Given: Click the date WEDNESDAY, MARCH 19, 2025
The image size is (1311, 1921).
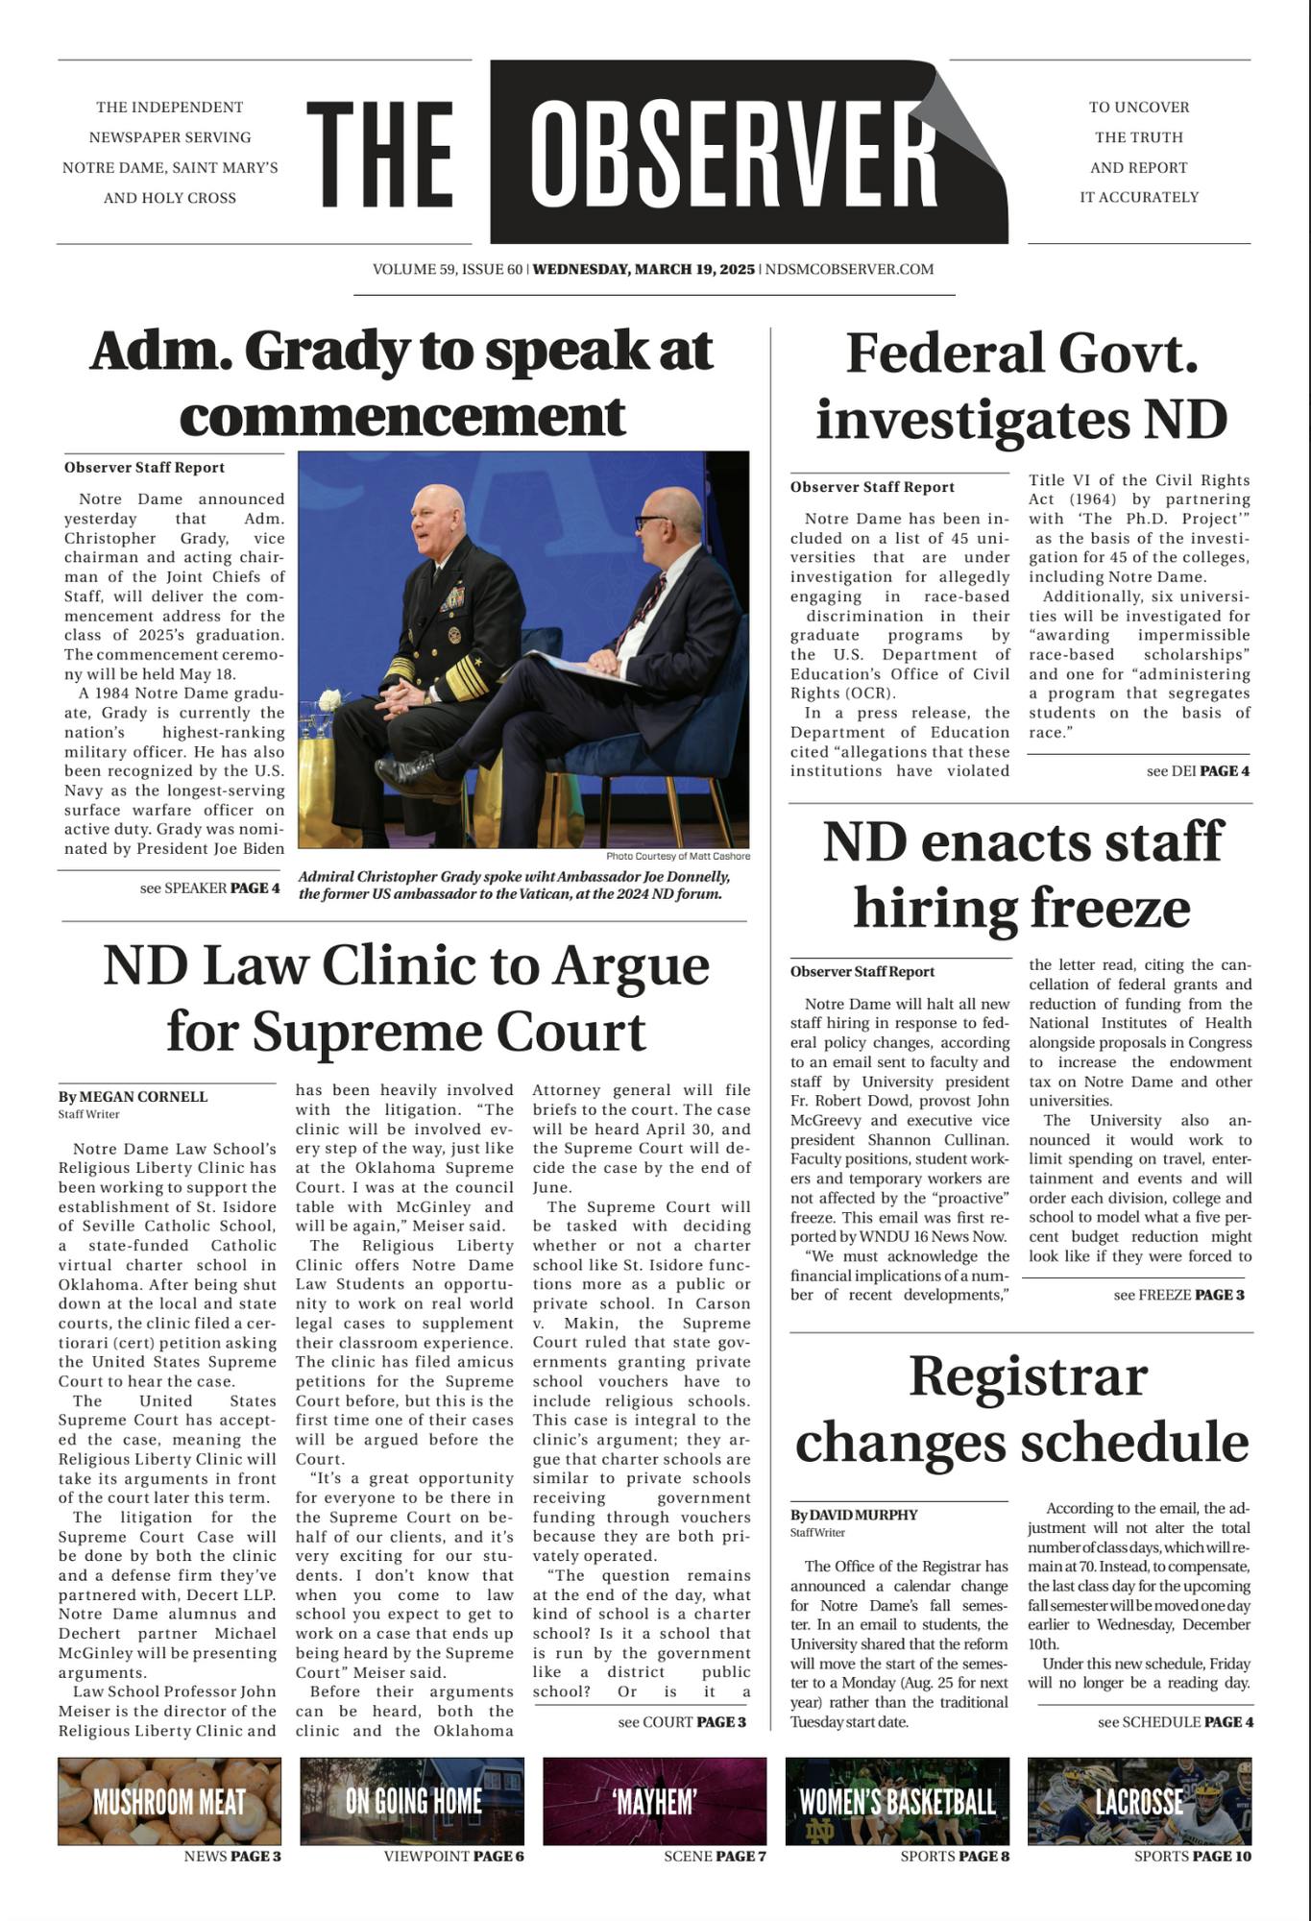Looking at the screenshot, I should click(643, 269).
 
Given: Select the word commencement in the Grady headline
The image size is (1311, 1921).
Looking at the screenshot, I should click(402, 416).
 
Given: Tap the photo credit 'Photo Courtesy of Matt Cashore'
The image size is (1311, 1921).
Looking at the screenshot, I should click(678, 856).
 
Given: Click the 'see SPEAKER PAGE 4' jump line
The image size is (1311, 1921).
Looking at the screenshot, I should click(209, 888).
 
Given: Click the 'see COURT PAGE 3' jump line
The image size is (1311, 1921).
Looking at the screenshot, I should click(682, 1721).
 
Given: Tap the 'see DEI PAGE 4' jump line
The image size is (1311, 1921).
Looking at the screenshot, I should click(1197, 770).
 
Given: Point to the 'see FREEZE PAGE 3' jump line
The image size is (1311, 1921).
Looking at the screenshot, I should click(1178, 1295).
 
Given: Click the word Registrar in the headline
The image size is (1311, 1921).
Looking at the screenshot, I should click(1028, 1375).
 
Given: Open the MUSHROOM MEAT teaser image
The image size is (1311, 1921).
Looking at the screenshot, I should click(170, 1801).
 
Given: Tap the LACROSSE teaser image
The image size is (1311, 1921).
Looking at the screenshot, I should click(1139, 1801).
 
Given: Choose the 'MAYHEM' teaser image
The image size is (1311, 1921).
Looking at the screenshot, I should click(655, 1801).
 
